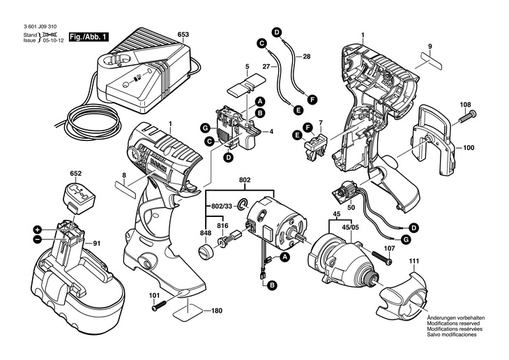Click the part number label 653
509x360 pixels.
(x=183, y=34)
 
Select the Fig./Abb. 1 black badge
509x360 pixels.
(x=89, y=36)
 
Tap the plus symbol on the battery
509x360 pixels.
(x=36, y=229)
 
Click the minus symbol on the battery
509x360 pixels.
(x=36, y=239)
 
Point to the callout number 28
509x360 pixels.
(x=306, y=55)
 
